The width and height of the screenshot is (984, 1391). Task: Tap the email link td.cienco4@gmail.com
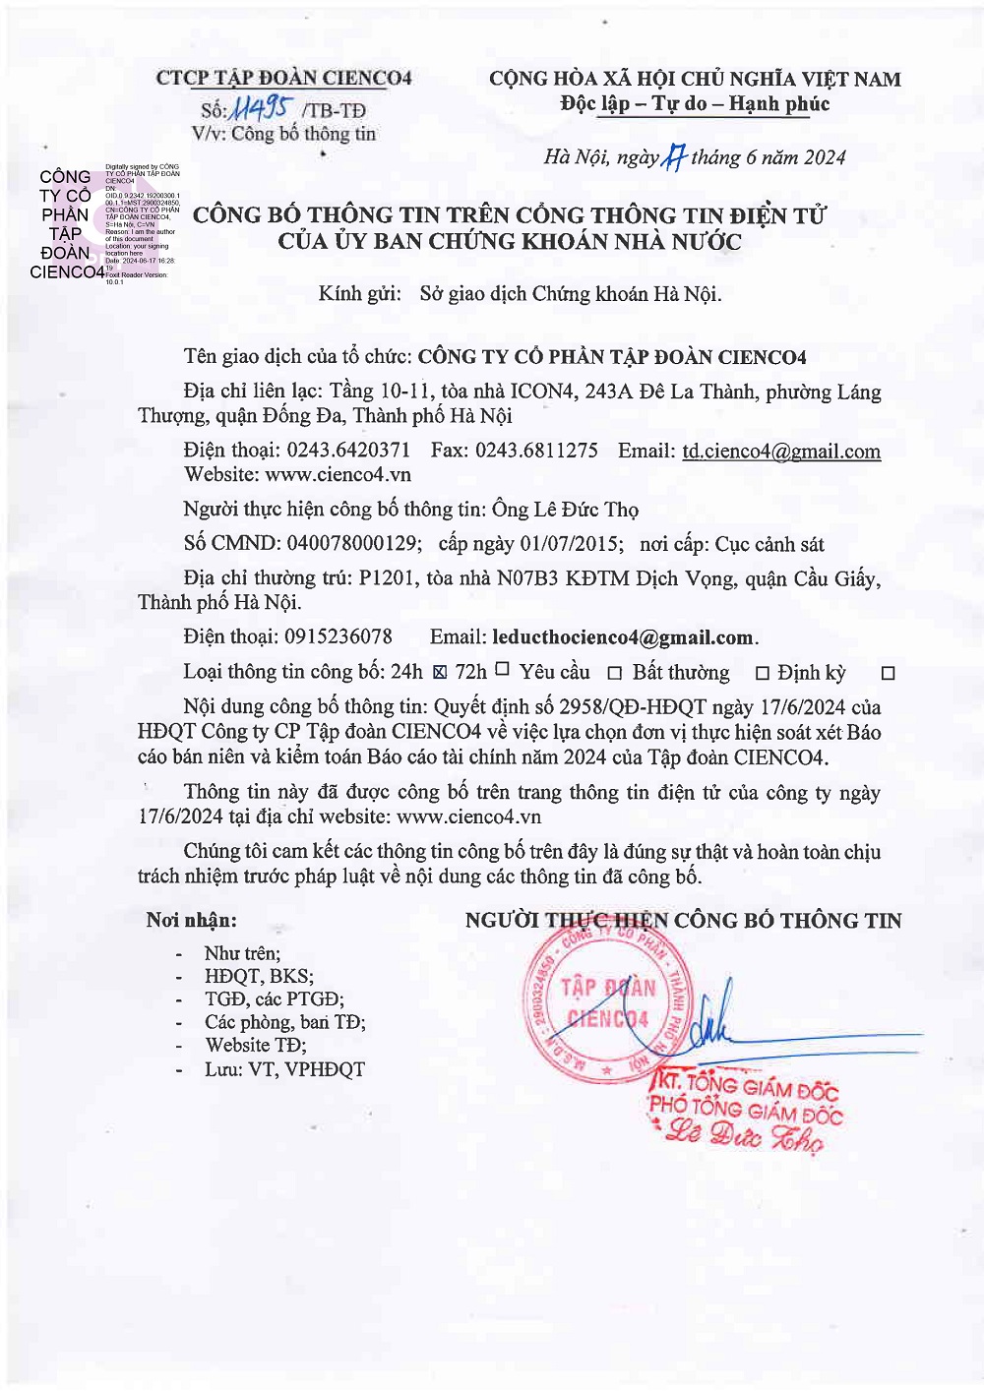pos(780,452)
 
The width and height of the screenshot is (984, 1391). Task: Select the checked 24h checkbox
pos(440,673)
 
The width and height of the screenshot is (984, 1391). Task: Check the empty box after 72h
pos(502,669)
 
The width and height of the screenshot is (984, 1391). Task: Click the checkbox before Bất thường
pos(615,674)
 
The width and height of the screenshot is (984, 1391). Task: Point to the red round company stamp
pos(608,1003)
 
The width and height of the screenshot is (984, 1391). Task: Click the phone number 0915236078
pos(338,637)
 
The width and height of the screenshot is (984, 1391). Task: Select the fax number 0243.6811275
pos(536,451)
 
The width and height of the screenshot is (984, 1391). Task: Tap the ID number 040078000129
pos(352,544)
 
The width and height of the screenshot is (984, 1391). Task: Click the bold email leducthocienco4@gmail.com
pos(623,637)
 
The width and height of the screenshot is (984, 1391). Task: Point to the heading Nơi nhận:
pos(192,921)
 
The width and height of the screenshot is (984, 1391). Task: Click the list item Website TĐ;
pos(256,1046)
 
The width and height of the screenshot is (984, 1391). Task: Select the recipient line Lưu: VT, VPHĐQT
pos(284,1069)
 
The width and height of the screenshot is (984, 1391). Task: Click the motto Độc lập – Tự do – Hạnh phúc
pos(695,104)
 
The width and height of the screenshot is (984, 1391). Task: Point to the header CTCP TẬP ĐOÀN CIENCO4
pos(283,78)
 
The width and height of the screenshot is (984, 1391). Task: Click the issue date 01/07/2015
pos(572,544)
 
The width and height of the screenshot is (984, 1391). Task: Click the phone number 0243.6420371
pos(348,451)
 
